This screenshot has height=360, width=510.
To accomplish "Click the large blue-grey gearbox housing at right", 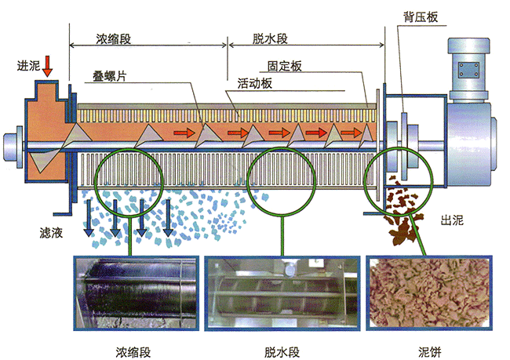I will click(x=468, y=141).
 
